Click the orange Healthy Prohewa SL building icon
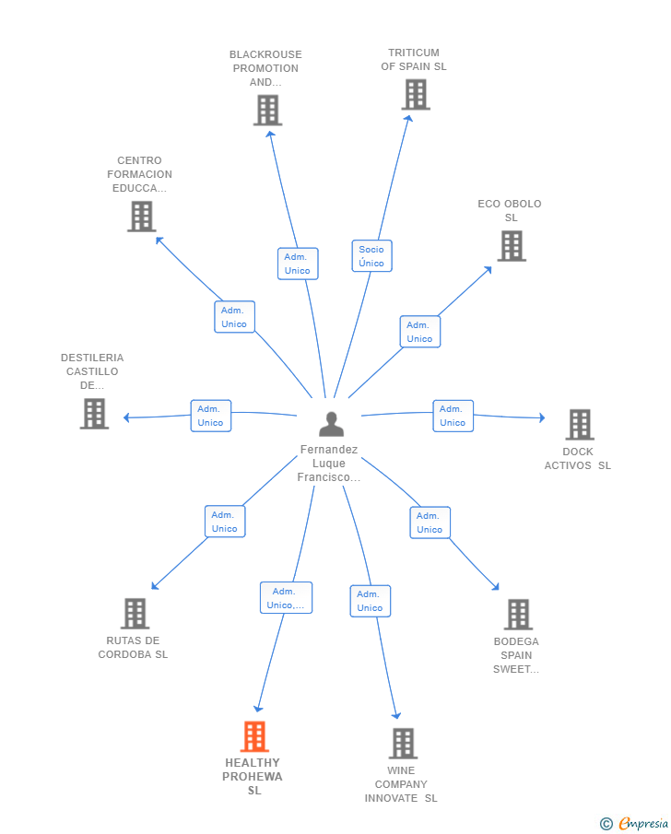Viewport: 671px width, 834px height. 254,736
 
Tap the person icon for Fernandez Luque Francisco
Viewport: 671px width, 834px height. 331,424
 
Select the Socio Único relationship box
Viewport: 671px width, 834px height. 372,256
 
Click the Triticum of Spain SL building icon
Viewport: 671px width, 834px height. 416,95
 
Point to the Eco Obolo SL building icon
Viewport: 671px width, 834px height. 512,246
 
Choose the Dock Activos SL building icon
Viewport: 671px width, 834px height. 580,425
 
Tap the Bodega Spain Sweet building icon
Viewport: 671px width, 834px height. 518,615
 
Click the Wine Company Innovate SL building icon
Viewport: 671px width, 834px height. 403,743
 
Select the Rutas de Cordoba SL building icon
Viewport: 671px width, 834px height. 135,613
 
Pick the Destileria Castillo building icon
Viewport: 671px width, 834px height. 94,413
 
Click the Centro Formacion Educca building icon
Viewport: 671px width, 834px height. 142,216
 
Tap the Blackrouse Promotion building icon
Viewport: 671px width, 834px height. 267,110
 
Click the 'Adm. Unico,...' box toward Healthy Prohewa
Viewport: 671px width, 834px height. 287,598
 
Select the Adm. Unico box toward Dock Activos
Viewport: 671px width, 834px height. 453,416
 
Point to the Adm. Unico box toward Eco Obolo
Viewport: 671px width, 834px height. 420,332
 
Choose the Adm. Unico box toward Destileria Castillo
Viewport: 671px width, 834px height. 211,416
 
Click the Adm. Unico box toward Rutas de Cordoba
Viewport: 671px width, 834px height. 225,522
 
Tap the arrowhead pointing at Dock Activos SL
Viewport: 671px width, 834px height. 542,417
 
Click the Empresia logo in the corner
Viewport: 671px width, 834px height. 634,823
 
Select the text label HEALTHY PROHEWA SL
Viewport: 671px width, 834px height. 253,777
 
